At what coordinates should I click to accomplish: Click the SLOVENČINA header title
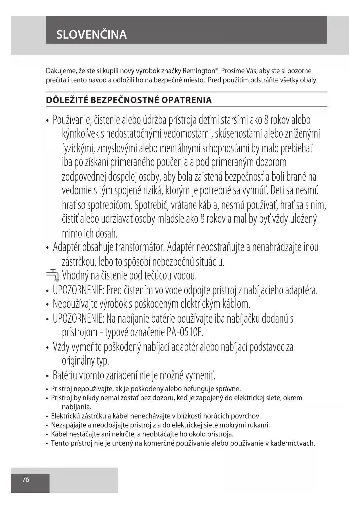[91, 35]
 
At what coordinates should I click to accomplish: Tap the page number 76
[26, 479]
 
